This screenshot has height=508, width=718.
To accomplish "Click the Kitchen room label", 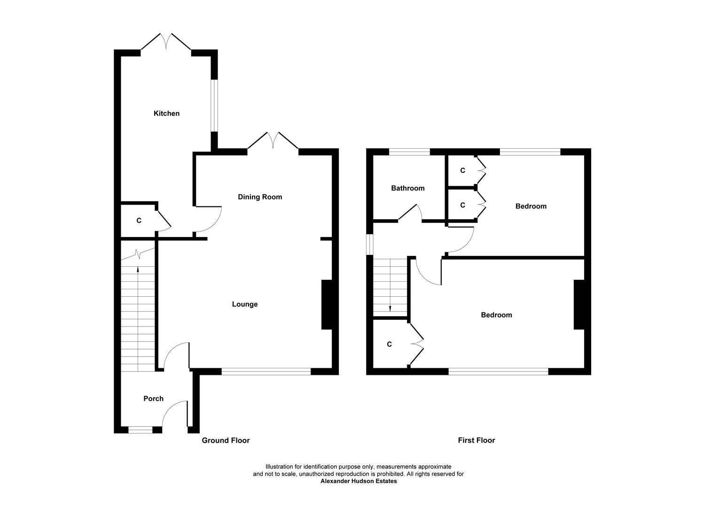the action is click(x=166, y=113).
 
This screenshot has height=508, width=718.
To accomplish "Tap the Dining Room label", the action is click(x=260, y=197).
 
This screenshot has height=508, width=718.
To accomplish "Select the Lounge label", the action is click(x=245, y=304).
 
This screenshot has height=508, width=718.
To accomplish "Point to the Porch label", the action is click(x=153, y=398).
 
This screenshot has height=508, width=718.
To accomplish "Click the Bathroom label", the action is click(x=408, y=188).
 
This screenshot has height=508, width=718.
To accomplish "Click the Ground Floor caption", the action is click(x=226, y=441).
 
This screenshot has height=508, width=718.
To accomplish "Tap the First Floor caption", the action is click(x=476, y=440).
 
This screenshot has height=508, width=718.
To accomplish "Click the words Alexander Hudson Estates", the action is click(x=359, y=481).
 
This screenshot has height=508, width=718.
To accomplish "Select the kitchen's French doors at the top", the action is click(x=166, y=41).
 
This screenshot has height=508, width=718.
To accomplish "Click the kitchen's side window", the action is click(x=214, y=105).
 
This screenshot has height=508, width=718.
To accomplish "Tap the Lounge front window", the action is click(x=266, y=371).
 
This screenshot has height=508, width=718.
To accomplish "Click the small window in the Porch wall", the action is click(x=140, y=430).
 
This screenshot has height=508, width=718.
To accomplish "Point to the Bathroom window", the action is click(x=409, y=152).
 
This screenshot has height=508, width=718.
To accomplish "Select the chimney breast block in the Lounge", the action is click(x=327, y=305).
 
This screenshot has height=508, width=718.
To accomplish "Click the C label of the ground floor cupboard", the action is click(x=139, y=221).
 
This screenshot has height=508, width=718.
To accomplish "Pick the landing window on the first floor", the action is click(x=370, y=245).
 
